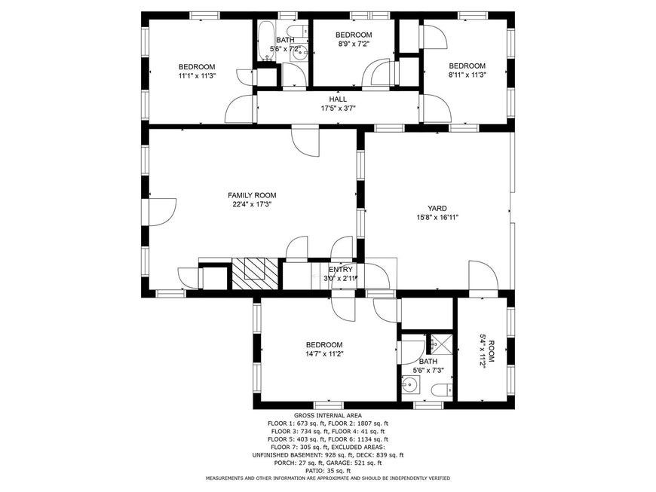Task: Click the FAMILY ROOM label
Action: (x=252, y=195)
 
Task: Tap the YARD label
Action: (x=437, y=208)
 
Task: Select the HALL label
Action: (x=338, y=99)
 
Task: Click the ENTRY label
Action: (x=341, y=270)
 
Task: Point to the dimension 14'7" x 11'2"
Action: (x=324, y=353)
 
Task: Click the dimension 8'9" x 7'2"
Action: (x=354, y=44)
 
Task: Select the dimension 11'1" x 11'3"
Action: (x=197, y=75)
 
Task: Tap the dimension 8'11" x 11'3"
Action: (x=467, y=75)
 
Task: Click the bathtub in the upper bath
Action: (x=265, y=41)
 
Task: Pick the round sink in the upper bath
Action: (x=299, y=53)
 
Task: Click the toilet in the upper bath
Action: (x=297, y=31)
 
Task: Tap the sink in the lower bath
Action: (x=411, y=384)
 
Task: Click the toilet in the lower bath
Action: (x=442, y=390)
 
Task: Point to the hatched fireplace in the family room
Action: (x=255, y=274)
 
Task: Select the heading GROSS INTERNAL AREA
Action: (x=327, y=415)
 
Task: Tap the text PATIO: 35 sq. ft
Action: (x=327, y=471)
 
